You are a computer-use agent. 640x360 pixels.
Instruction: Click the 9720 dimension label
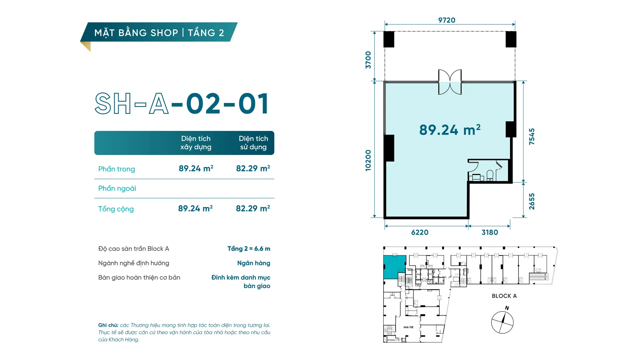click(447, 20)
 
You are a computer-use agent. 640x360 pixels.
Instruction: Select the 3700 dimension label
click(368, 60)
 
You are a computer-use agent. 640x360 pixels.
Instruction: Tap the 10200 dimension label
click(368, 160)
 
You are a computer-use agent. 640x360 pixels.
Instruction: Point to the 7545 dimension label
click(532, 136)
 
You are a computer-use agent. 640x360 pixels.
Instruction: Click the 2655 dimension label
click(532, 201)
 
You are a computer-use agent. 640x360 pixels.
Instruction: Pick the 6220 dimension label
click(420, 232)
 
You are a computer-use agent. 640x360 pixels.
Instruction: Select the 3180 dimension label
click(490, 232)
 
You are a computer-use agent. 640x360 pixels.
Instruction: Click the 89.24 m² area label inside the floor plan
click(450, 130)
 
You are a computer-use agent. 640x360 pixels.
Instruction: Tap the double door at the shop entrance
click(450, 82)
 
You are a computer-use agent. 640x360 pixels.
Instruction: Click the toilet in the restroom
click(490, 175)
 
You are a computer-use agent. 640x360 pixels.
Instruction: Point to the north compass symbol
click(502, 322)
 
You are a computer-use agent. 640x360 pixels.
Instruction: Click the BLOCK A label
click(504, 296)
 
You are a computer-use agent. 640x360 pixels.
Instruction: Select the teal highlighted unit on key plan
click(394, 267)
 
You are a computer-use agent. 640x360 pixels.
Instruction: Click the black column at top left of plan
click(389, 39)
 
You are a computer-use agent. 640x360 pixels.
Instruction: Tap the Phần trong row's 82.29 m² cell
click(253, 168)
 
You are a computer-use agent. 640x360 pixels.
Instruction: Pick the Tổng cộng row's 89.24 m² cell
click(195, 208)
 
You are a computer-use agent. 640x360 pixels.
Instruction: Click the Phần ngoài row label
click(117, 188)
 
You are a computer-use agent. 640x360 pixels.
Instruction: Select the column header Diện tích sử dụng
click(253, 143)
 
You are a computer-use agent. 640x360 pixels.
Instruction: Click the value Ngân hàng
click(254, 263)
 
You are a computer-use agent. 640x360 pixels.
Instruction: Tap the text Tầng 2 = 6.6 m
click(249, 249)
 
